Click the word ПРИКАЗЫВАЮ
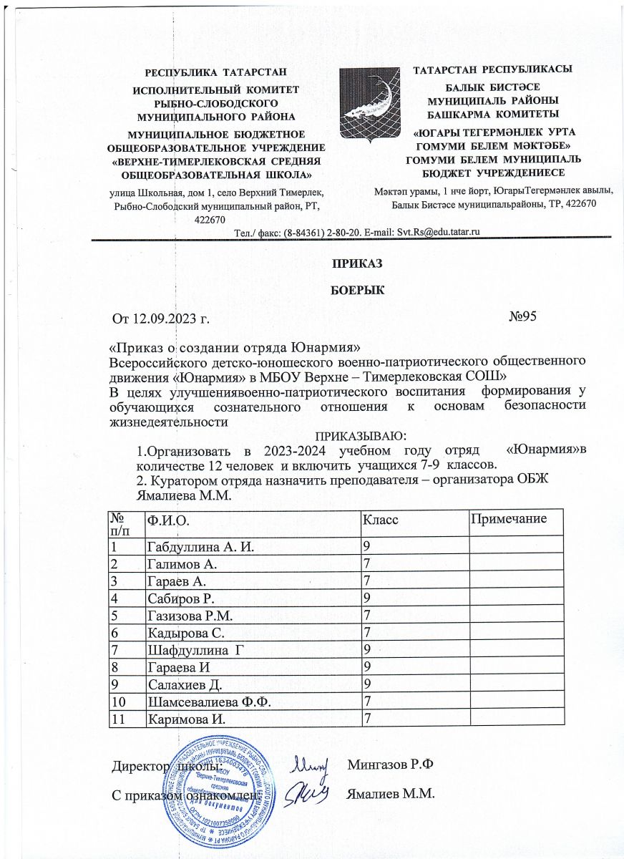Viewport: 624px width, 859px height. tap(361, 435)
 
